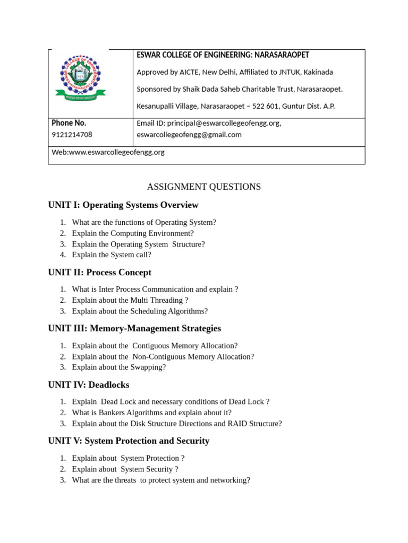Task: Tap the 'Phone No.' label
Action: pyautogui.click(x=69, y=123)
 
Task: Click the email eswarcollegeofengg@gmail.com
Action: pyautogui.click(x=189, y=135)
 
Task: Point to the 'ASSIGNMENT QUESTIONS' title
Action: pyautogui.click(x=203, y=187)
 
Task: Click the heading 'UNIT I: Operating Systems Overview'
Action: pyautogui.click(x=123, y=205)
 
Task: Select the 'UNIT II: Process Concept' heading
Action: pyautogui.click(x=100, y=273)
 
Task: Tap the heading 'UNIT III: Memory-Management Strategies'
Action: pyautogui.click(x=134, y=329)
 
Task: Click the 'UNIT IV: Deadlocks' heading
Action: pyautogui.click(x=89, y=385)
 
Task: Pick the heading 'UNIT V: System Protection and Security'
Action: pyautogui.click(x=129, y=441)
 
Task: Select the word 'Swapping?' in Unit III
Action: pyautogui.click(x=149, y=367)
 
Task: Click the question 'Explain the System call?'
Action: pyautogui.click(x=112, y=255)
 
